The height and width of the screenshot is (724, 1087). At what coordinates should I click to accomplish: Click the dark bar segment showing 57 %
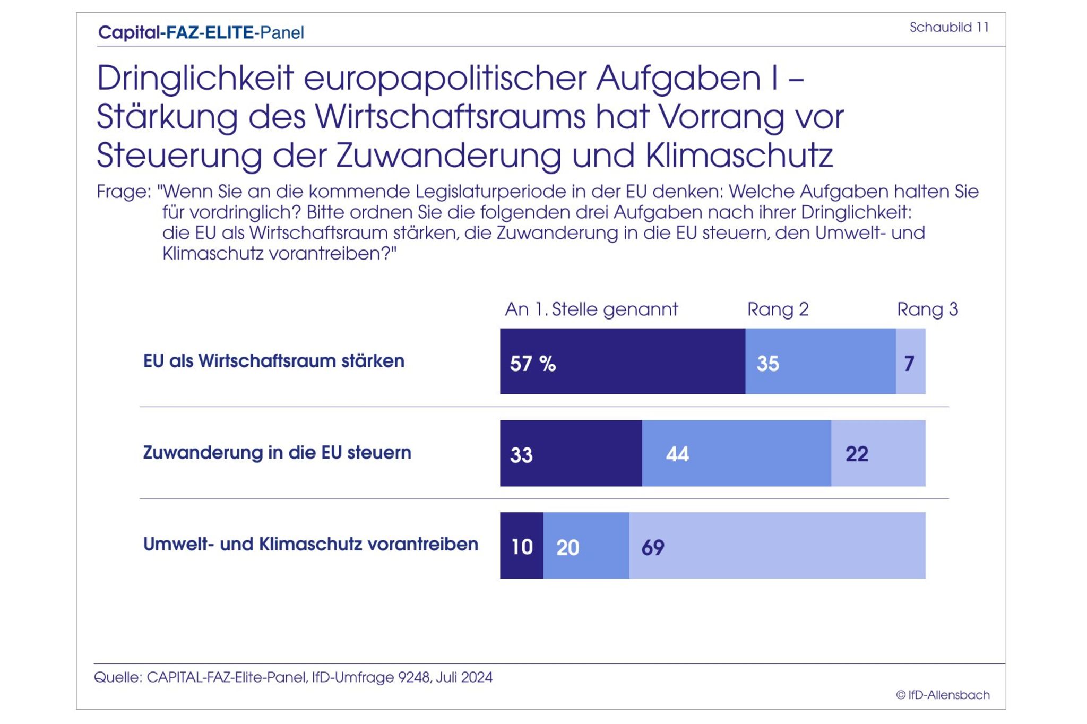[x=622, y=361]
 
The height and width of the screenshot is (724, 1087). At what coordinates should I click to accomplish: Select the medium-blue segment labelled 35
[x=820, y=361]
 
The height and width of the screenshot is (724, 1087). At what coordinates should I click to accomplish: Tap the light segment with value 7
[x=910, y=361]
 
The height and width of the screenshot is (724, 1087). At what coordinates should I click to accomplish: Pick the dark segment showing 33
[x=571, y=453]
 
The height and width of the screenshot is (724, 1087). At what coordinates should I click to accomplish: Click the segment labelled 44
[x=736, y=453]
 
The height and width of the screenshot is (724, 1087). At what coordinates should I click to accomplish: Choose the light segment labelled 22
[x=878, y=453]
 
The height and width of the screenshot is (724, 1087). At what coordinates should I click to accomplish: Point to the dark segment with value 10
[x=521, y=545]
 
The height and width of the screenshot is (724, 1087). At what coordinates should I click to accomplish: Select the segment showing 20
[x=586, y=545]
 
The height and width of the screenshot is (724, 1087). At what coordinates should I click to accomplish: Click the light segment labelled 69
[x=777, y=545]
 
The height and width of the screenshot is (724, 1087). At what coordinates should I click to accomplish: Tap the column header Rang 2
[x=778, y=309]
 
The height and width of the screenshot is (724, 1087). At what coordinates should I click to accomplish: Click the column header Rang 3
[x=927, y=309]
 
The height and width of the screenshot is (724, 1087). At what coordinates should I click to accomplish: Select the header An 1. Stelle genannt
[x=591, y=309]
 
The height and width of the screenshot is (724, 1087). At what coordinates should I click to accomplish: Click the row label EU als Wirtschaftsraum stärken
[x=273, y=361]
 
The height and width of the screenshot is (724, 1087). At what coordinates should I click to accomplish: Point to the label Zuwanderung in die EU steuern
[x=277, y=453]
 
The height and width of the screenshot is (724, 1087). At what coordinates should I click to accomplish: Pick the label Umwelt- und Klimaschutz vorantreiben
[x=310, y=544]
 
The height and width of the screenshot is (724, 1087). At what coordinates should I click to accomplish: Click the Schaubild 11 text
[x=949, y=27]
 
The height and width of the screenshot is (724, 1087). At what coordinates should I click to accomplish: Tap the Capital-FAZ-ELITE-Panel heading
[x=201, y=32]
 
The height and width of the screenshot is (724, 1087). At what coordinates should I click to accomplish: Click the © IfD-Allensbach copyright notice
[x=943, y=695]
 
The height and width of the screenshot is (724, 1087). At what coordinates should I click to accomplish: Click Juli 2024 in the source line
[x=464, y=677]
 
